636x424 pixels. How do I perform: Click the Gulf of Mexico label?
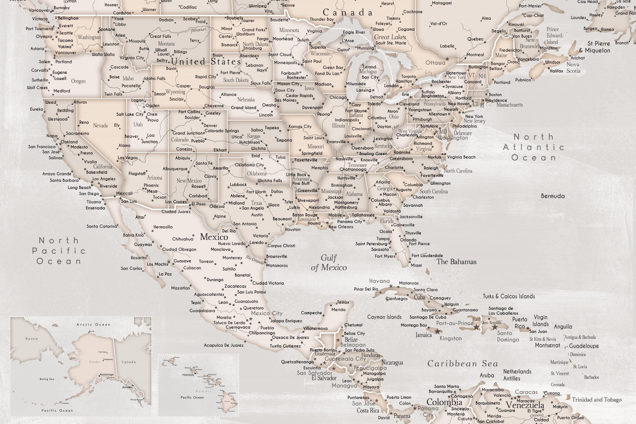pos(329,262)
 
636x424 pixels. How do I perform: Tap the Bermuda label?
pos(553,196)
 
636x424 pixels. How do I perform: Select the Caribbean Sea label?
pos(463,364)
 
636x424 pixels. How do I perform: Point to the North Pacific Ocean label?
pos(59,251)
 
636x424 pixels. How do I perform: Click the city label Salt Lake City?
pos(130,114)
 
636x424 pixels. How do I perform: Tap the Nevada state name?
pos(100,125)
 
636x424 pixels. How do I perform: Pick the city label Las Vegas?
pos(128,158)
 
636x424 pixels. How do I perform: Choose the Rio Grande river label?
pos(255,260)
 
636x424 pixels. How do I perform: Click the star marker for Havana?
pos(391,286)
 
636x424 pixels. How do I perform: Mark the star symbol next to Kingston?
pos(437,331)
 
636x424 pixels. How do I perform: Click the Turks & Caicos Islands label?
pos(509,296)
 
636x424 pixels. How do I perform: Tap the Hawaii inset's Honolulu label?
pos(188,375)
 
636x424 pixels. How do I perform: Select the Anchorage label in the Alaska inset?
pos(107,374)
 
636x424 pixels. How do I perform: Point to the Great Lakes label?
pos(390,37)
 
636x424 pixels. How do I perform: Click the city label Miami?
pos(416,265)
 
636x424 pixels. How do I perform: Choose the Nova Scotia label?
pos(573,68)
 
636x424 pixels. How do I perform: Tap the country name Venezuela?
pos(525,405)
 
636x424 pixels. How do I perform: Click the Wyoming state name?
pos(175,92)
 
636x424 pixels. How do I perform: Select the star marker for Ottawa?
pos(447,59)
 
